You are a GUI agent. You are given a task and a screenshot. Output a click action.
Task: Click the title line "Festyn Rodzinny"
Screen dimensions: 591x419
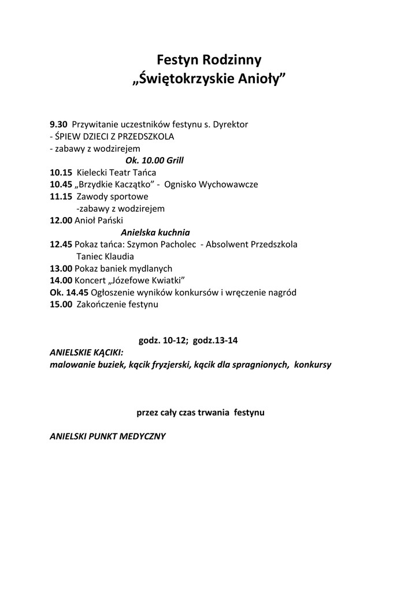209,60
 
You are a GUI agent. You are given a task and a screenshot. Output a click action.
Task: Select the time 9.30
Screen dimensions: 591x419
58,124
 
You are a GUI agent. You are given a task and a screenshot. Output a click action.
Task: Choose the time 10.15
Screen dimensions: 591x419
61,172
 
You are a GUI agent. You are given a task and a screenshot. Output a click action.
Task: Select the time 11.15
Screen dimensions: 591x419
61,197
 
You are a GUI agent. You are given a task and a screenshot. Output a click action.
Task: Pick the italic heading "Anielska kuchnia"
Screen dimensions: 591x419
155,233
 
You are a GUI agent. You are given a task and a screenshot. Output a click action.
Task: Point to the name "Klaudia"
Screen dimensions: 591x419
120,256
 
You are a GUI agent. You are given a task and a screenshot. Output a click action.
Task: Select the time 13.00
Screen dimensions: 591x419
61,268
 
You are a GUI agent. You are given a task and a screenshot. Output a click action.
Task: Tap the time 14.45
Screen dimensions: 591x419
77,293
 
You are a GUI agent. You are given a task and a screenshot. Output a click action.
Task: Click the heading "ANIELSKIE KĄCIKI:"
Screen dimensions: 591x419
86,353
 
